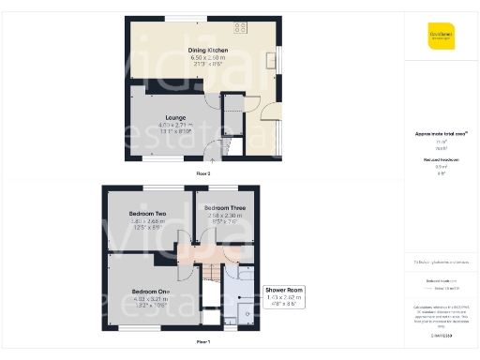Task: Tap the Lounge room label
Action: (171, 118)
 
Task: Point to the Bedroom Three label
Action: (225, 207)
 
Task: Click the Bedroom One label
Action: (150, 291)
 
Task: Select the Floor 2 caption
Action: (202, 173)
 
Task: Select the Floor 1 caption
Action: (202, 341)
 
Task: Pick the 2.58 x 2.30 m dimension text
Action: (225, 216)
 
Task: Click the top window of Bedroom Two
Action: (147, 188)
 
